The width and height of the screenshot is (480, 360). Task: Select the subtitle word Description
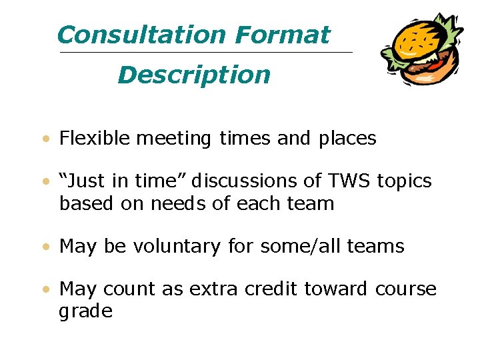(194, 75)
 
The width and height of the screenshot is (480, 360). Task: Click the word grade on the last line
(86, 311)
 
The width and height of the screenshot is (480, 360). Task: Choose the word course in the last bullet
(406, 289)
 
